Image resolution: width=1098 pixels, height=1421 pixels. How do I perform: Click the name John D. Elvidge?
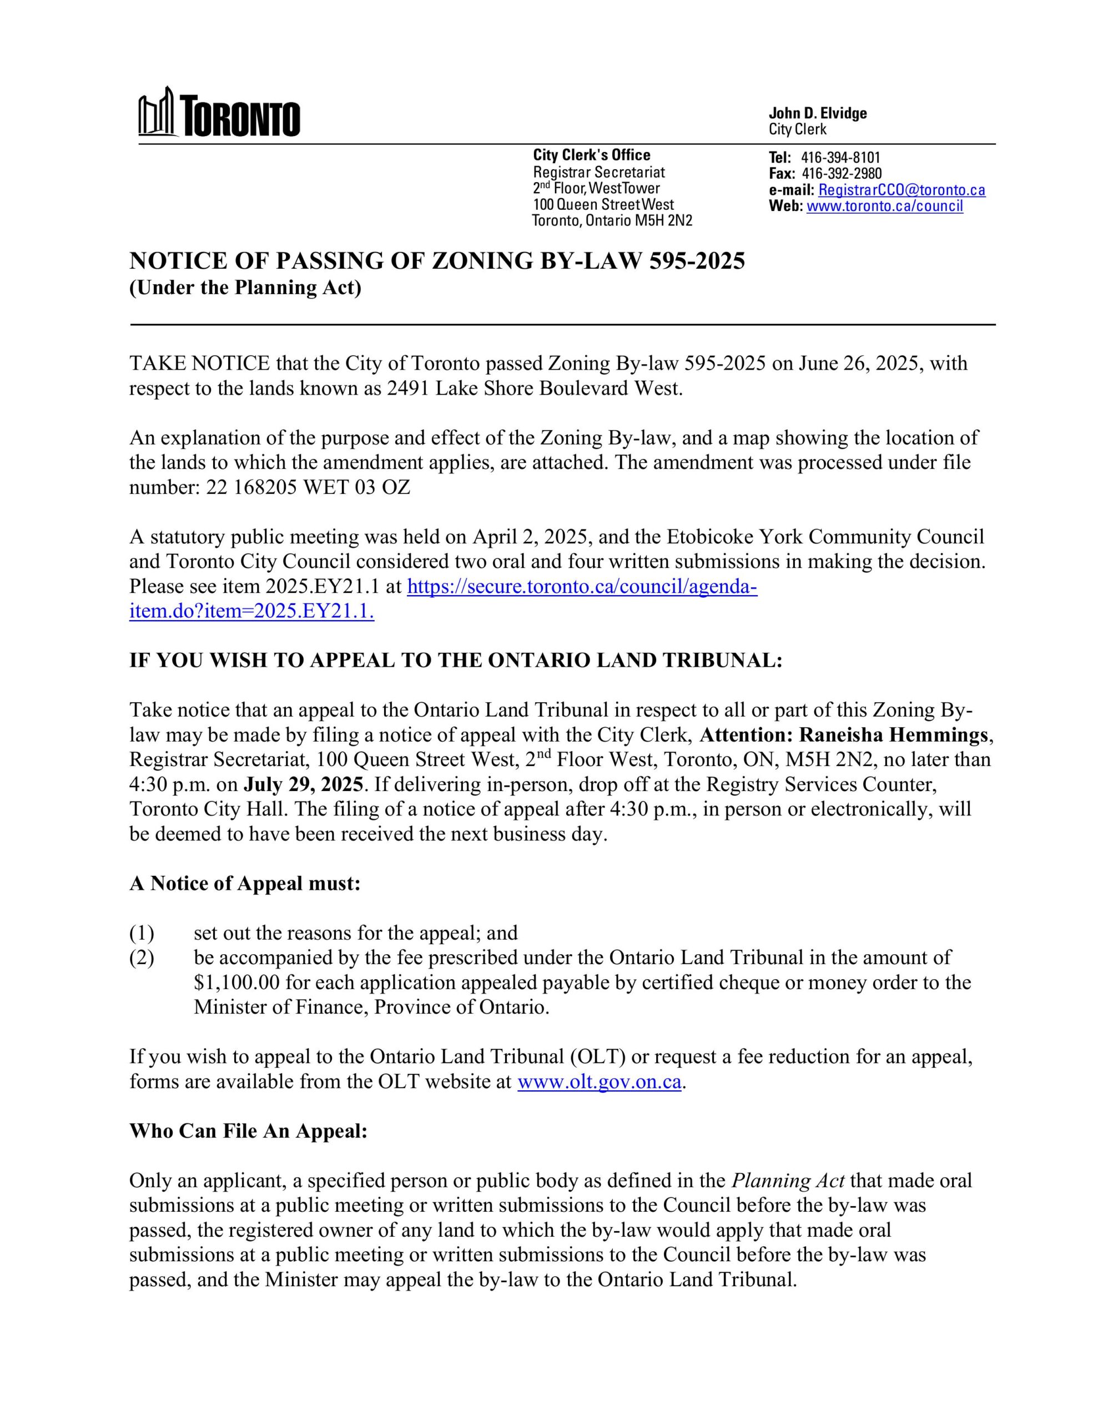(x=818, y=113)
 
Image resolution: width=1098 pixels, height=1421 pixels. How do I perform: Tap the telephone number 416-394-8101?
(x=840, y=158)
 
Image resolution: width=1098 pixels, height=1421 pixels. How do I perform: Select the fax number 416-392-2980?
(x=842, y=174)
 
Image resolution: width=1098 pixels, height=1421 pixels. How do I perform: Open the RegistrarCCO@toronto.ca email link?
(x=901, y=190)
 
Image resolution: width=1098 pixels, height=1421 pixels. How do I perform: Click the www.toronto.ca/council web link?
(x=884, y=206)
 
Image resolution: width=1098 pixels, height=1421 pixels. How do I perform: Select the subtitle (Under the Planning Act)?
(x=245, y=288)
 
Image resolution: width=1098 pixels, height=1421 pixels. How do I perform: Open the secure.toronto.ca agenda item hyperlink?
(x=581, y=587)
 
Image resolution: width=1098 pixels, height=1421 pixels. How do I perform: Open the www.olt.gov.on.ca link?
(x=599, y=1082)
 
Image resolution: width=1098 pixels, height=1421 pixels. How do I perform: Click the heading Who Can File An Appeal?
(x=249, y=1131)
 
